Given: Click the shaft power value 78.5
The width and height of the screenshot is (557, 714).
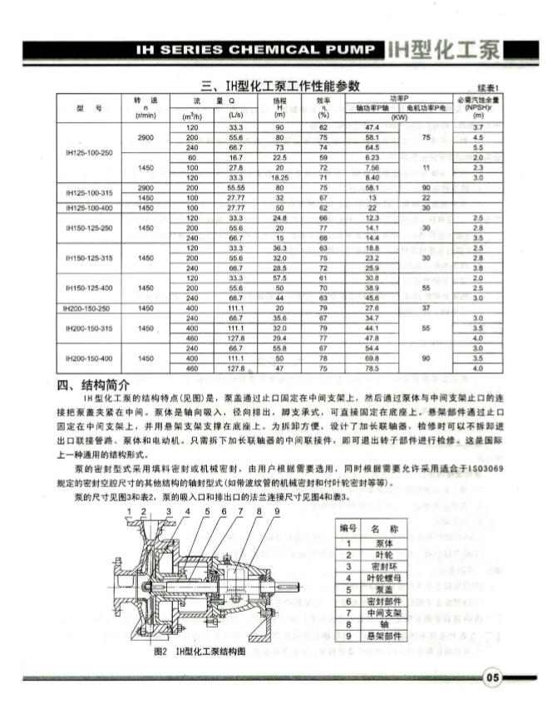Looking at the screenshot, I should point(372,367).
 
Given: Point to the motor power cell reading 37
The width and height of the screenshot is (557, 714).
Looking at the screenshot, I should point(425,308).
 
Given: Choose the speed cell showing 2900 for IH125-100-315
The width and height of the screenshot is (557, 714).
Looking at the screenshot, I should point(145,189).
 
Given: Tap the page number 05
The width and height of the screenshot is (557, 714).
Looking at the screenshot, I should point(492,677).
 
